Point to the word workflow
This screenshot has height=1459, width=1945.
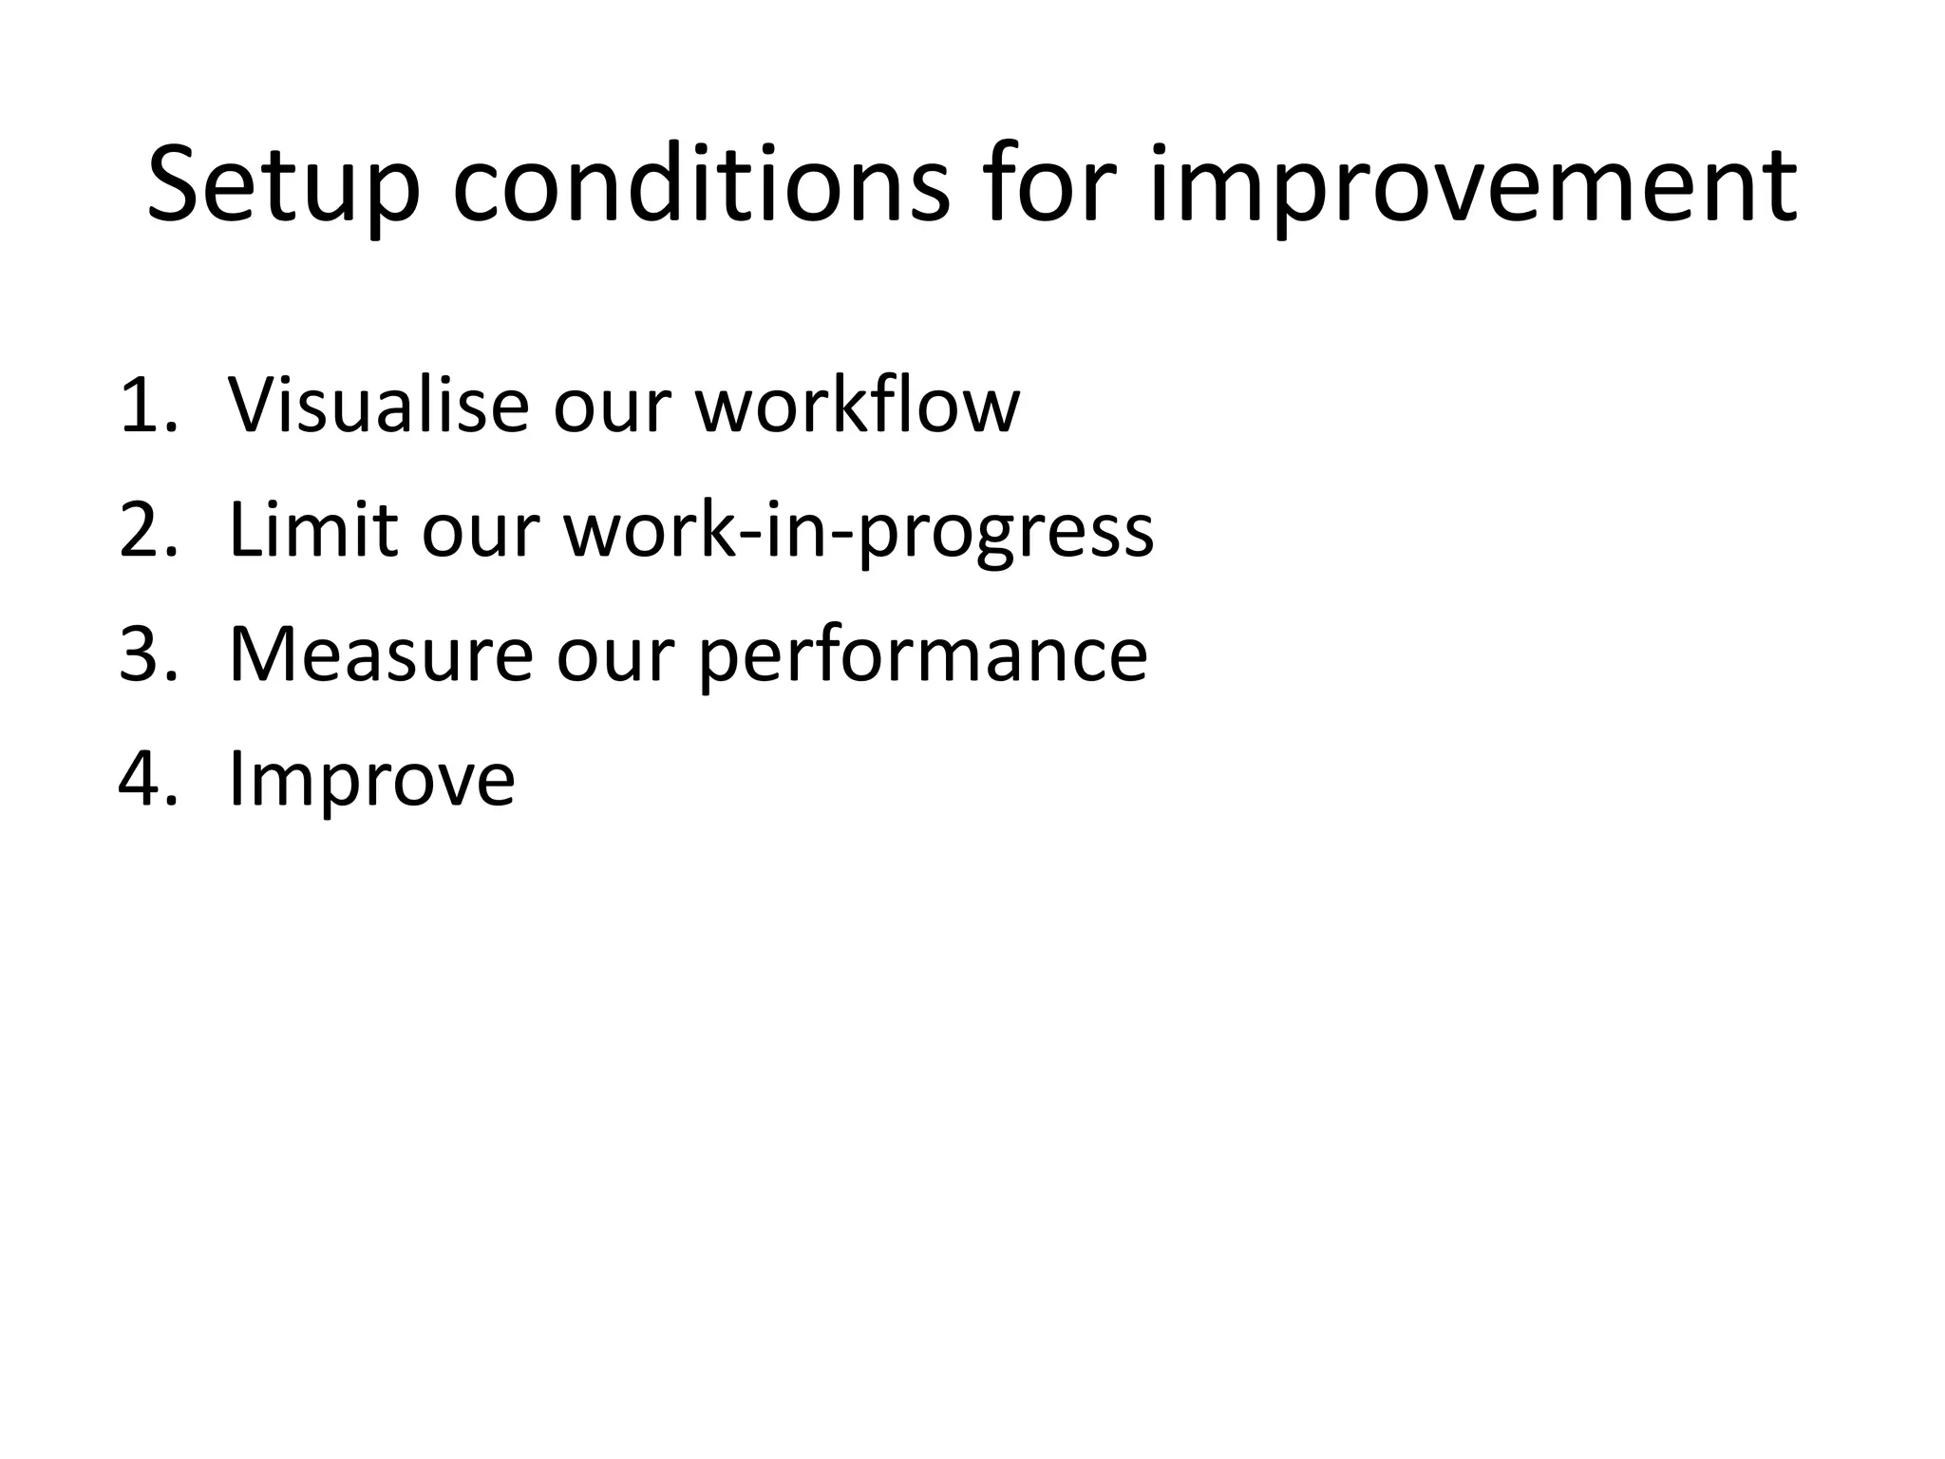(x=857, y=406)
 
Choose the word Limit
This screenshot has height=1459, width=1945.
(x=312, y=530)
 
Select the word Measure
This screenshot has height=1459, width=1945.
(x=381, y=654)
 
